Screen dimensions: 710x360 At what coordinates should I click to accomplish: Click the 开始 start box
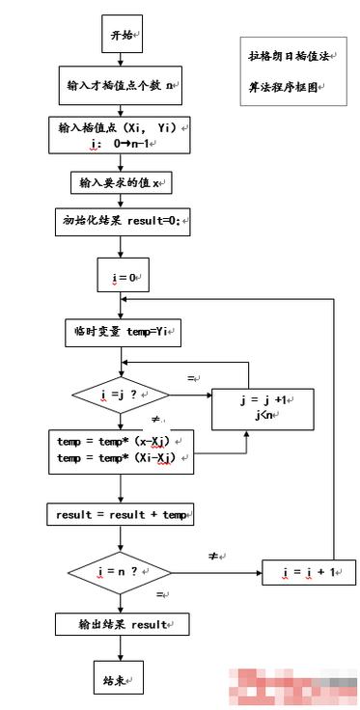tap(122, 35)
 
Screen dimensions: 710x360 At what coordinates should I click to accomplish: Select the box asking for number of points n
tap(121, 85)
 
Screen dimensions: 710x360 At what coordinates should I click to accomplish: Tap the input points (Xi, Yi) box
tap(121, 134)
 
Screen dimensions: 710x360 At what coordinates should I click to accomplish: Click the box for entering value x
tap(121, 182)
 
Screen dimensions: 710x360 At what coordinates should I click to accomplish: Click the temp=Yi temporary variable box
tap(122, 333)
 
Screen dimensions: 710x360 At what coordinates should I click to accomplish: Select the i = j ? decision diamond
tap(121, 394)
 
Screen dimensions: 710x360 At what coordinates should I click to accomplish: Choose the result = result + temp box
tap(121, 514)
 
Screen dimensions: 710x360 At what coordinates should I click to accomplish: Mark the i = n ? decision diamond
tap(121, 572)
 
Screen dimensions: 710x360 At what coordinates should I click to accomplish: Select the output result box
tap(121, 624)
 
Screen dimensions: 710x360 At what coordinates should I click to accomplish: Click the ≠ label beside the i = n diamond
tap(214, 558)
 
